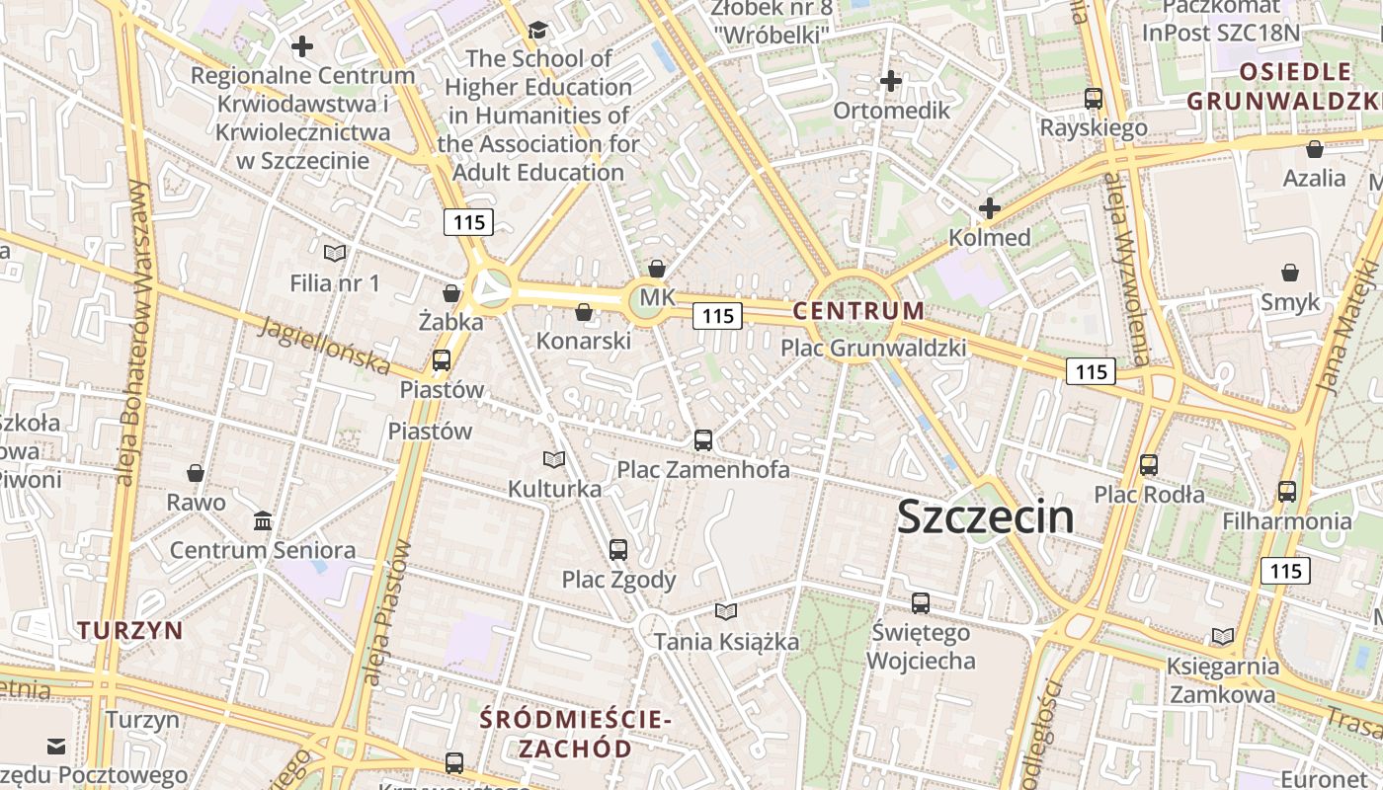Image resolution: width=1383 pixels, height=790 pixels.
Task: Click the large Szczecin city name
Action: click(x=985, y=517)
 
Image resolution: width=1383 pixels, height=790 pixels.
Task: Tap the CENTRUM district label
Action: click(x=858, y=311)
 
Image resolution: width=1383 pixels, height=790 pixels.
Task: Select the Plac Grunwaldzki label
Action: click(x=872, y=348)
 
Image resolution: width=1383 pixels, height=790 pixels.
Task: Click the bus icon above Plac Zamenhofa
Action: click(x=702, y=440)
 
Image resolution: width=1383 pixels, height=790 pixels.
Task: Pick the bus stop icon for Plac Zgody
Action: click(x=618, y=550)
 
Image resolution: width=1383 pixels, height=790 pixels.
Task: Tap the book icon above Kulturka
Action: click(x=554, y=460)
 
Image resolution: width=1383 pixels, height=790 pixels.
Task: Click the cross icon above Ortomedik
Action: click(x=891, y=81)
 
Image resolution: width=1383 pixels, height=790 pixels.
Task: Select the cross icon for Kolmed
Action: click(x=989, y=208)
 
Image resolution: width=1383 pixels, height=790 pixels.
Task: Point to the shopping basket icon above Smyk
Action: click(x=1289, y=273)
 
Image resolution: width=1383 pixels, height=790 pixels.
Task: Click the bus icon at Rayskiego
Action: click(x=1094, y=99)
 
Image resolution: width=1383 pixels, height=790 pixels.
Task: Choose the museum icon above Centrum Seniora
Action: click(x=263, y=520)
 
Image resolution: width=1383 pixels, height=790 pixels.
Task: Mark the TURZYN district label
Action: click(x=130, y=630)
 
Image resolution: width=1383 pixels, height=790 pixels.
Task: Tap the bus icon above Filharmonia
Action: click(x=1286, y=491)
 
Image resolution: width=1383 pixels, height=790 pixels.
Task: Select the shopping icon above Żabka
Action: click(x=451, y=293)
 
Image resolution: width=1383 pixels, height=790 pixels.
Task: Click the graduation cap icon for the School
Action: click(x=538, y=31)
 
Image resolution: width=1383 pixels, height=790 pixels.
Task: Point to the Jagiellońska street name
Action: click(x=324, y=345)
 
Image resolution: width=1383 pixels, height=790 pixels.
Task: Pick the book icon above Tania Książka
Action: click(x=726, y=612)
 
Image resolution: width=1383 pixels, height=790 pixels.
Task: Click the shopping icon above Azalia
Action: click(x=1314, y=149)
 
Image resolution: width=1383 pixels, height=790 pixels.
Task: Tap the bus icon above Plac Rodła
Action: click(x=1148, y=465)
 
